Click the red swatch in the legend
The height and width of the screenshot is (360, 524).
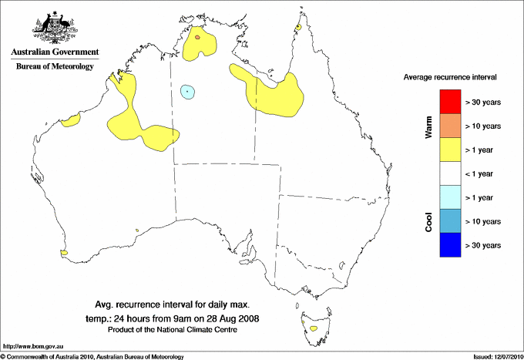pos(450,102)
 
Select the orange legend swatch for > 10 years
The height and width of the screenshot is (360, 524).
pos(450,126)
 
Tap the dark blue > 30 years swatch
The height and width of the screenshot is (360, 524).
pos(450,245)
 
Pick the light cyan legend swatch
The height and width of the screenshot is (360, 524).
pos(450,197)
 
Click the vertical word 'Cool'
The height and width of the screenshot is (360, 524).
pos(429,223)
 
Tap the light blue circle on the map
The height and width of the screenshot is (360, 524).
pos(187,92)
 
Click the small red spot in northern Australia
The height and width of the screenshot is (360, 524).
pos(198,36)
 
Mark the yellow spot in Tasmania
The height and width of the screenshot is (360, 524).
pos(314,328)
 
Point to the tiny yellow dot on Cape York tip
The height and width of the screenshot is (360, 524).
pos(297,29)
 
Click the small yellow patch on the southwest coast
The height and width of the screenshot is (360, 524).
pos(65,252)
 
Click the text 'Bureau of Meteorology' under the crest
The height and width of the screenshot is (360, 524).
pos(55,67)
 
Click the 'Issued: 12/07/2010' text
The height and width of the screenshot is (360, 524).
pos(493,356)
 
